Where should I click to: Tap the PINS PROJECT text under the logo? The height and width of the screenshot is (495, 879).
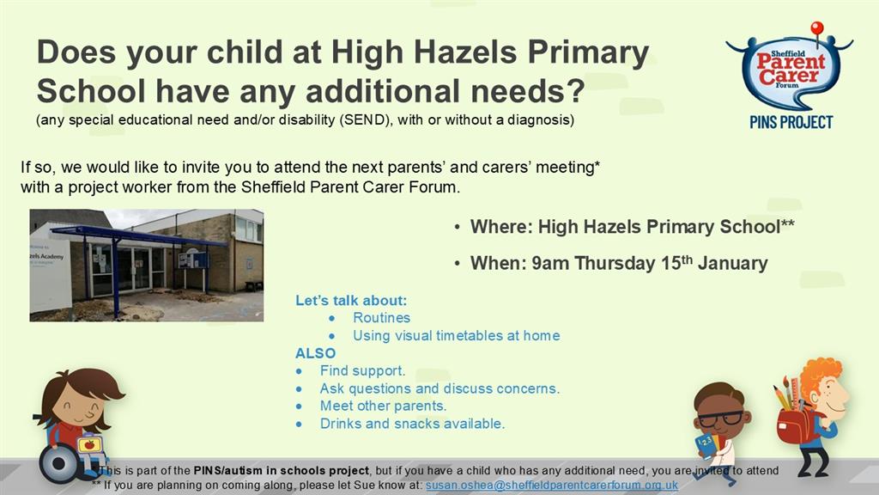coord(791,122)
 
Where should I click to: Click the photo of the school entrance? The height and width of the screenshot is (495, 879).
coord(146,266)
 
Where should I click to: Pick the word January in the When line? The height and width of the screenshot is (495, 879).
coord(732,263)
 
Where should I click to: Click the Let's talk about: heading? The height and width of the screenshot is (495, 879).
coord(351,300)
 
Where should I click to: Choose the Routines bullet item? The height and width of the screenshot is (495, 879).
coord(381,318)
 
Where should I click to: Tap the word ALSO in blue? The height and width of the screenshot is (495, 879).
coord(315,353)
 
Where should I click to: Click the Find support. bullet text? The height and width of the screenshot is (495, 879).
coord(362,370)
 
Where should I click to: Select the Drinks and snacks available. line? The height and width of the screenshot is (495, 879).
coord(412,424)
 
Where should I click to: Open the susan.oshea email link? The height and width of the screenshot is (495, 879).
coord(552,485)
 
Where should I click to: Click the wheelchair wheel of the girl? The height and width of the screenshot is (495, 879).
coord(58,463)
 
